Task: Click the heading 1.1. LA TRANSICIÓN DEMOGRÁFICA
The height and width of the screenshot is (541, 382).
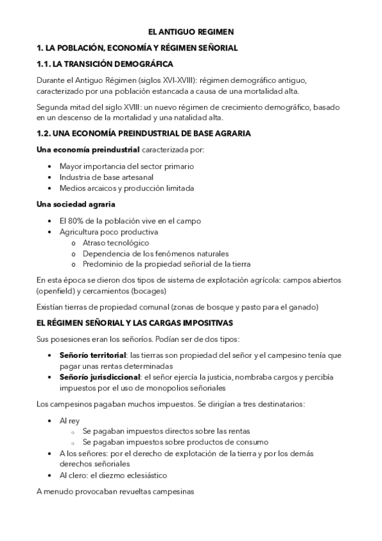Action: click(105, 64)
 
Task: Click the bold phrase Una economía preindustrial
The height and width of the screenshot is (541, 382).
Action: click(89, 150)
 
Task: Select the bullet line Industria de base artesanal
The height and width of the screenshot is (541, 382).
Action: click(107, 177)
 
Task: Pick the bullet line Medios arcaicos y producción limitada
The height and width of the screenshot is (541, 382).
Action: click(126, 188)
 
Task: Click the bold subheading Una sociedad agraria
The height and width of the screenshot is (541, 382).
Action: click(76, 204)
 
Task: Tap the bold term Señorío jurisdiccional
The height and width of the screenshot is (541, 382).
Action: click(99, 376)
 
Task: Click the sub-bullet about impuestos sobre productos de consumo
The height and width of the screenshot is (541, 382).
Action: click(175, 441)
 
